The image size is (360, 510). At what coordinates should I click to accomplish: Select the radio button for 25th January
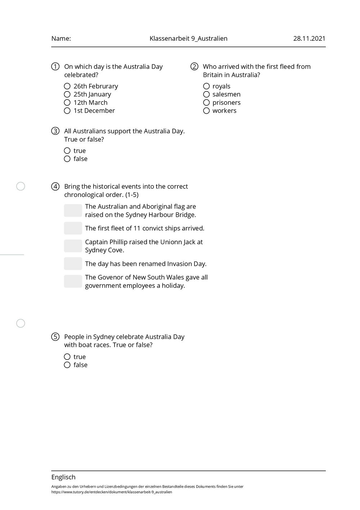coord(67,94)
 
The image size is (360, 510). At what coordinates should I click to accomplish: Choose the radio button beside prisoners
coord(206,103)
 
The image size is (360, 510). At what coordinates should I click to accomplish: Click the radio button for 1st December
coord(67,111)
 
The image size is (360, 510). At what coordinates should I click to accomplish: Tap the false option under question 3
coord(67,159)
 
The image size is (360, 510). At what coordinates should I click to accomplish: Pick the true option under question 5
coord(67,357)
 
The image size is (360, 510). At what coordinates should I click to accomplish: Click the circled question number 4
coord(55,187)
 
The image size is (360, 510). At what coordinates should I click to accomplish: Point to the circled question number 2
coord(194,67)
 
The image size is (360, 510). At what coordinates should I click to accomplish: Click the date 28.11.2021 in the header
coord(309,39)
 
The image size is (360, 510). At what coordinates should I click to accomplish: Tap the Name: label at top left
coord(61,39)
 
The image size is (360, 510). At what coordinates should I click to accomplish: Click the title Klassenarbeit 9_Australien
coord(188,39)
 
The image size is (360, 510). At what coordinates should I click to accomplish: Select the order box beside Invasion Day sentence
coord(73,264)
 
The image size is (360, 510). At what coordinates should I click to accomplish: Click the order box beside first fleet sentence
coord(73,228)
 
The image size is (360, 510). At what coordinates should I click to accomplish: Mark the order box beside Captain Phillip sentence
coord(73,246)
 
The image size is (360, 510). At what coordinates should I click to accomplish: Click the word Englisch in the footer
coord(63,477)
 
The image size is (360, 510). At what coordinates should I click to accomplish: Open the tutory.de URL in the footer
coord(112,492)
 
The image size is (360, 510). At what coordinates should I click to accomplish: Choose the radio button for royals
coord(206,86)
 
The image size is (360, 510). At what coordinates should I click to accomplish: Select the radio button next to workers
coord(206,111)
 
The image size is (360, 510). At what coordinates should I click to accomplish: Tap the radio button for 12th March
coord(67,103)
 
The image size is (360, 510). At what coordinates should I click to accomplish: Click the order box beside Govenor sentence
coord(73,281)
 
